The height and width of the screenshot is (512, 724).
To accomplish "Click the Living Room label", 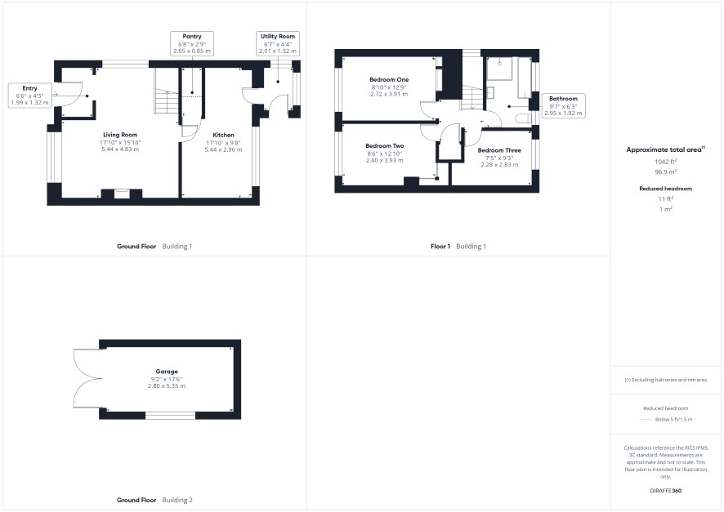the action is (x=120, y=135).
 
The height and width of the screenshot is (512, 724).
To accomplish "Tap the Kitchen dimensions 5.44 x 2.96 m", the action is (x=223, y=149).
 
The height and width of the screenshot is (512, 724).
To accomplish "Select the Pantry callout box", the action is (x=192, y=43).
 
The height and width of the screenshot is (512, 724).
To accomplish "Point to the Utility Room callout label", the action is (x=278, y=36).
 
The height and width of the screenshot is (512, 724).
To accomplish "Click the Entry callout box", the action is (x=29, y=96).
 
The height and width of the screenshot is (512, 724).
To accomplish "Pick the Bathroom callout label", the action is (x=563, y=98).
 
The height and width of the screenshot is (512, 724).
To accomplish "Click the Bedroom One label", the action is (x=389, y=79).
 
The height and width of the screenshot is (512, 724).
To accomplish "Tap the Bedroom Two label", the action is (x=385, y=145).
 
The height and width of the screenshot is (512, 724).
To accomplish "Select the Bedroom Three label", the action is (x=499, y=150).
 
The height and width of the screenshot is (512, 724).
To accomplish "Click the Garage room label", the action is (x=167, y=372).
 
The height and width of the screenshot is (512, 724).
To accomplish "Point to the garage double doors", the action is (x=87, y=379).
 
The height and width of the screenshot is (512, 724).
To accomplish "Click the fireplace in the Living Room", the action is (x=122, y=194).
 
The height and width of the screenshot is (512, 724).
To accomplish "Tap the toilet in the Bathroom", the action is (x=524, y=118).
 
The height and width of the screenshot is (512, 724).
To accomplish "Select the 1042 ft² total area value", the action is (x=665, y=162).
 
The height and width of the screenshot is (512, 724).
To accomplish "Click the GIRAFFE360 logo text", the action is (x=665, y=491).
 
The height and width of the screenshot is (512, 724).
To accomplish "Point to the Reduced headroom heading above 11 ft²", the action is (x=665, y=189).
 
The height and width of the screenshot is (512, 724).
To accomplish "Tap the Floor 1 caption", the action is (x=440, y=247).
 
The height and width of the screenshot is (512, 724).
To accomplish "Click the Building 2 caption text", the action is (x=177, y=500).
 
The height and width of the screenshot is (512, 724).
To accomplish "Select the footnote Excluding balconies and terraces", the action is (x=665, y=380).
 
